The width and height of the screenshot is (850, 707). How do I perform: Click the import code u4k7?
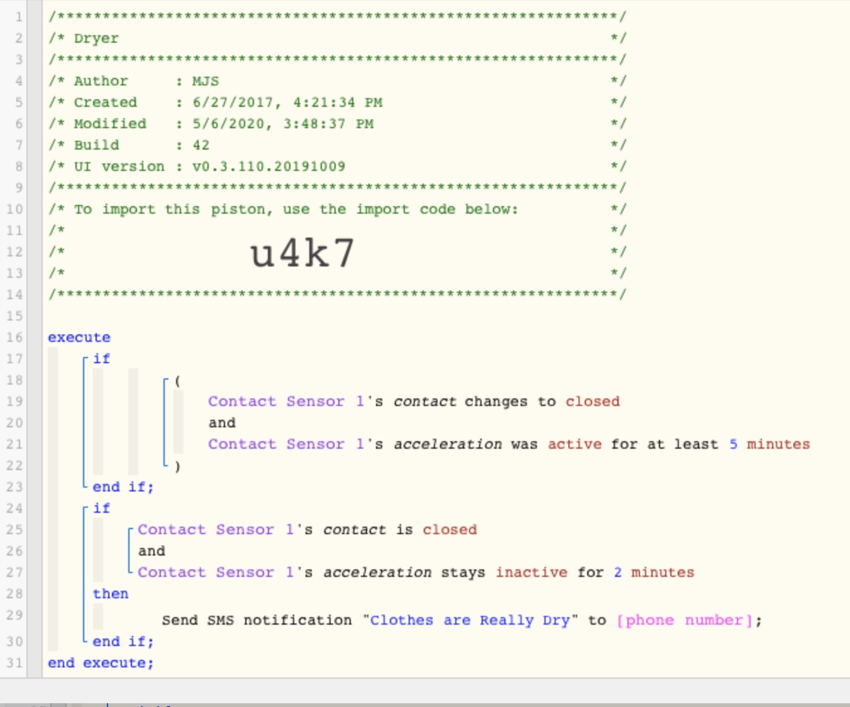point(302,253)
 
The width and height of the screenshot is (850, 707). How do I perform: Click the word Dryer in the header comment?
point(96,39)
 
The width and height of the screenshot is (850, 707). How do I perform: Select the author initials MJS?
point(206,81)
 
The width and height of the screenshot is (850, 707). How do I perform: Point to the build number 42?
point(201,145)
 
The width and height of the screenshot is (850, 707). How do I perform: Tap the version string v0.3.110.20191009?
point(268,167)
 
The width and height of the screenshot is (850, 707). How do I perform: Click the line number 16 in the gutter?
point(14,337)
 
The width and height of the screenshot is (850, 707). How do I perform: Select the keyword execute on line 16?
point(79,337)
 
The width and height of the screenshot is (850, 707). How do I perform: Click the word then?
point(111,594)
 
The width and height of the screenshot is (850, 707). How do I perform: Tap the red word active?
point(575,444)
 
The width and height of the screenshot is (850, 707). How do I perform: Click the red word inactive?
point(531,573)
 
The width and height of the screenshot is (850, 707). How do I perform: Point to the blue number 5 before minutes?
point(733,444)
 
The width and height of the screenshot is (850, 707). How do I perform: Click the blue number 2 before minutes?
point(617,573)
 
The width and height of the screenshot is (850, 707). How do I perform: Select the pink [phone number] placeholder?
point(684,620)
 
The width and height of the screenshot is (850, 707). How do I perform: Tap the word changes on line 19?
point(496,402)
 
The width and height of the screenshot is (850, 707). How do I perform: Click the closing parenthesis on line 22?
point(177,466)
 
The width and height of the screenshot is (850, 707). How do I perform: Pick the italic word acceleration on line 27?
point(377,573)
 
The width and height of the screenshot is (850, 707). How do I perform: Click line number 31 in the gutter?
point(14,663)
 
